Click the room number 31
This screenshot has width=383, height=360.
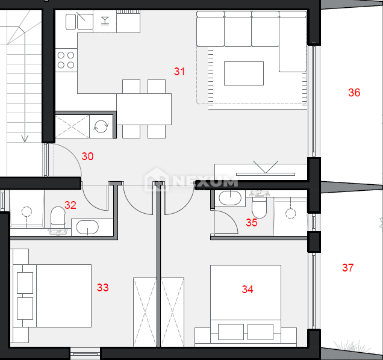179,72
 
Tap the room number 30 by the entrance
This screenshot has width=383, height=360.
87,157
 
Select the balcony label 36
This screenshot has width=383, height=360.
354,93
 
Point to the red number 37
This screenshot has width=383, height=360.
348,268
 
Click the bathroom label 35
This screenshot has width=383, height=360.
252,223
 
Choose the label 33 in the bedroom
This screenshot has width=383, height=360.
103,288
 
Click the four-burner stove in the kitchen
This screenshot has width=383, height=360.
66,60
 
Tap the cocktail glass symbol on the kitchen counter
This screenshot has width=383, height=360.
105,20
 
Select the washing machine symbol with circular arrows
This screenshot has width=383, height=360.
101,126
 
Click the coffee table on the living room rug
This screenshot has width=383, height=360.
244,73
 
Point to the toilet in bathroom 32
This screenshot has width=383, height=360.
58,220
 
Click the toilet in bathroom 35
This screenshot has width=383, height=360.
259,205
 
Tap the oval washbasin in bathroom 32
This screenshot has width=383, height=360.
87,228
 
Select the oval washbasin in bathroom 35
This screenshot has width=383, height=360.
230,198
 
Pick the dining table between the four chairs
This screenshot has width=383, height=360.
144,109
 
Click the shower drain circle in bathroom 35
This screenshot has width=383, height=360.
290,214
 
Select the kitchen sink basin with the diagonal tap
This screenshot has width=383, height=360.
85,22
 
